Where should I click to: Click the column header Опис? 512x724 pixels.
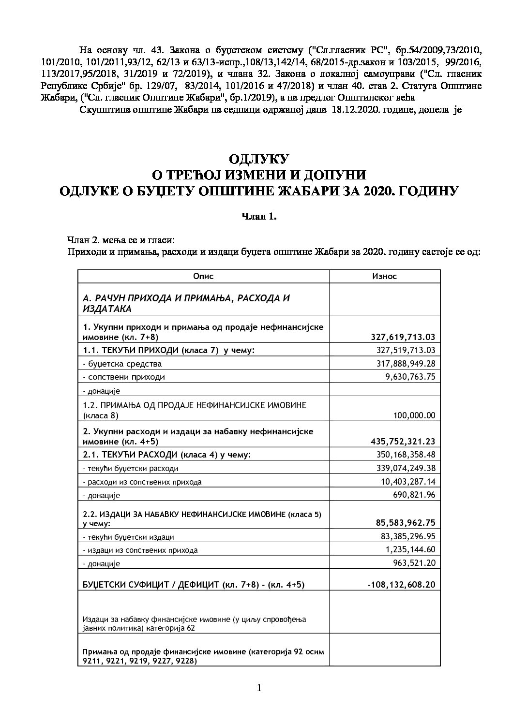coord(203,276)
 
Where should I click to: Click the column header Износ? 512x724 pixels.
coord(384,276)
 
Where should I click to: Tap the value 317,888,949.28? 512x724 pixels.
coord(406,363)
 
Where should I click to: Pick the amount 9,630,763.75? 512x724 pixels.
coord(409,377)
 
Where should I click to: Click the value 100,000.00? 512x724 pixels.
coord(414,415)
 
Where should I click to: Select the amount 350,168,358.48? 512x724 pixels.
coord(406,454)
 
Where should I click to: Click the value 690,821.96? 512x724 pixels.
coord(412,495)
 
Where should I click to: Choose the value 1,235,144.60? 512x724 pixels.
coord(409,549)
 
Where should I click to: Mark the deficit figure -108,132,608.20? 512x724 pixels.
coord(401,584)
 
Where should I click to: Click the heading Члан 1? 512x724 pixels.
coord(259,217)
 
